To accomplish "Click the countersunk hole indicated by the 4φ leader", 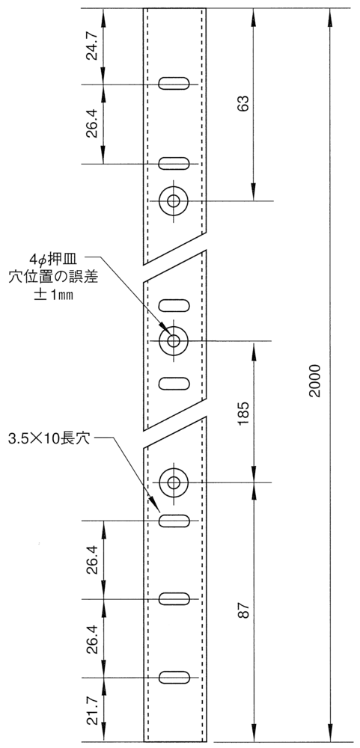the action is pos(174,340).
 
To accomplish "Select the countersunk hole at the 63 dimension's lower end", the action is pos(174,200).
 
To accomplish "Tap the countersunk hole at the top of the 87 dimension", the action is pos(174,482).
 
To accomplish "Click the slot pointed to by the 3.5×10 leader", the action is pos(174,521).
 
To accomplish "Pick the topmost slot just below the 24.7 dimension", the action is pos(174,84).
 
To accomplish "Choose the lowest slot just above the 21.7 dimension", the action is pos(174,678).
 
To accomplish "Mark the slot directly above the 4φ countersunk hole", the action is pos(174,305).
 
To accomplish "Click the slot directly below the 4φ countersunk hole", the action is pos(174,384).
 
